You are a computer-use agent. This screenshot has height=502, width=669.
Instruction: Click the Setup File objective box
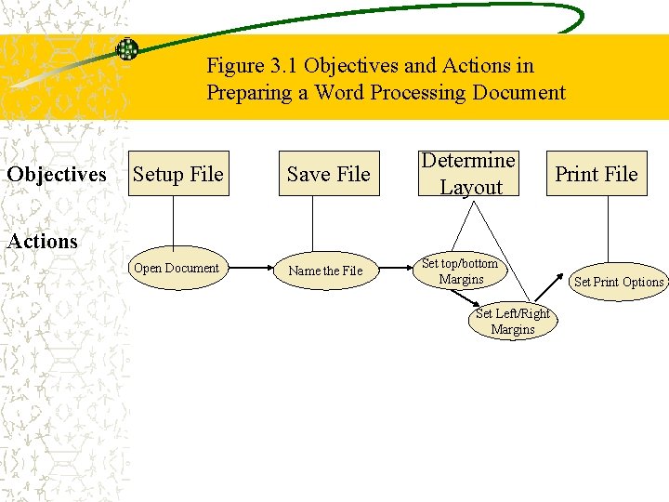tap(178, 174)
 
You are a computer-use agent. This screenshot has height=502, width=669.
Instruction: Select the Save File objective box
tap(328, 174)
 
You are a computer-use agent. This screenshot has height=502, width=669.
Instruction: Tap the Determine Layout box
tap(469, 174)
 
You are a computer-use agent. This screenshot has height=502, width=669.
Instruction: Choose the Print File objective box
tap(596, 174)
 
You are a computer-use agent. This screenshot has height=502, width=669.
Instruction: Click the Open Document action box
tap(176, 269)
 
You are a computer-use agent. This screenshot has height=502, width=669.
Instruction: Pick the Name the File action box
tap(325, 271)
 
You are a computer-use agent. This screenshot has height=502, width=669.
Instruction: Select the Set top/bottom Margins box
tap(460, 271)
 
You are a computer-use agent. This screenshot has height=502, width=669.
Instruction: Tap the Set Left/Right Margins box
tap(513, 322)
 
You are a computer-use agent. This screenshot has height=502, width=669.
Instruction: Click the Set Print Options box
tap(618, 282)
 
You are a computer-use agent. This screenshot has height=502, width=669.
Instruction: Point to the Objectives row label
tap(57, 175)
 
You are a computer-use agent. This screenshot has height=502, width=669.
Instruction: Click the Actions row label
tap(43, 242)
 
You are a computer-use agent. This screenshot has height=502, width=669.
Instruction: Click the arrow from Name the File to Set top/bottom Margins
tap(393, 270)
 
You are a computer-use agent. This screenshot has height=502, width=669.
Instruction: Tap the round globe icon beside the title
tap(127, 49)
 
